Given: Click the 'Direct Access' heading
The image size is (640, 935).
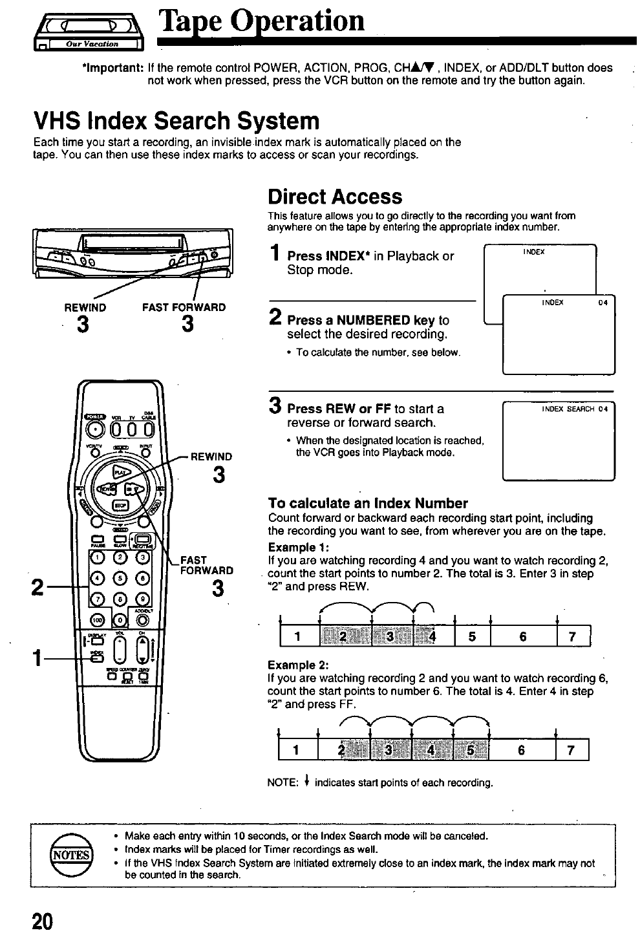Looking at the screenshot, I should pyautogui.click(x=335, y=197).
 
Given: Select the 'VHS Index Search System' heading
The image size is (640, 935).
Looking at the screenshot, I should pyautogui.click(x=176, y=120).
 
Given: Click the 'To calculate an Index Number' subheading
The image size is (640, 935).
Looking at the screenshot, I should pyautogui.click(x=367, y=503).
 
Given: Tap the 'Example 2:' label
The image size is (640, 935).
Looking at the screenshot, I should pyautogui.click(x=295, y=664).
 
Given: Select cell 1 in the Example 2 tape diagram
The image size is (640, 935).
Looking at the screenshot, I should pyautogui.click(x=296, y=749).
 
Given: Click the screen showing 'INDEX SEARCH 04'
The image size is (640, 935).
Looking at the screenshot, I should pyautogui.click(x=558, y=441).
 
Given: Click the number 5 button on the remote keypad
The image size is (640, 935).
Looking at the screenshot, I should pyautogui.click(x=118, y=577).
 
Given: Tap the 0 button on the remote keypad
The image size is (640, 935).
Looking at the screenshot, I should pyautogui.click(x=119, y=619).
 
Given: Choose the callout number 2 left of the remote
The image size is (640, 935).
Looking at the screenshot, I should pyautogui.click(x=38, y=587).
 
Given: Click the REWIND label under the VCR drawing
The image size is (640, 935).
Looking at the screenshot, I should pyautogui.click(x=85, y=308).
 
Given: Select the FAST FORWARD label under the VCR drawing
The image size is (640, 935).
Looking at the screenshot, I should pyautogui.click(x=184, y=308).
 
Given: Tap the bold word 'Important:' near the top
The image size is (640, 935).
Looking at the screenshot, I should pyautogui.click(x=112, y=68).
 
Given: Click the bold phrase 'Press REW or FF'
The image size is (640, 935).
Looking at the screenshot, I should pyautogui.click(x=339, y=409).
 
